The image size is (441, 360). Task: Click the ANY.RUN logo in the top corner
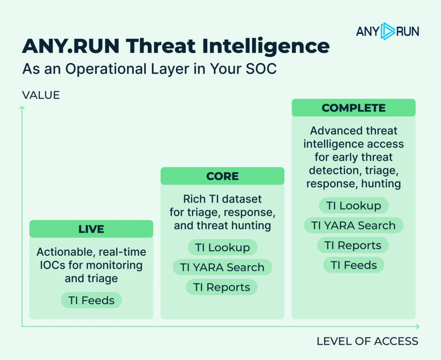(x=387, y=31)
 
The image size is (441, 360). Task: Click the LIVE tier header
(x=91, y=229)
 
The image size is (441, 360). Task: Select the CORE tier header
(x=222, y=176)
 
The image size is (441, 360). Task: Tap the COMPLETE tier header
(x=354, y=108)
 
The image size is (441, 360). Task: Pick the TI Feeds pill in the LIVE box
(x=92, y=300)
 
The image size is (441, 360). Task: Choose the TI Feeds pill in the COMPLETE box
(x=354, y=265)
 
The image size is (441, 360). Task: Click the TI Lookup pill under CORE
(x=222, y=247)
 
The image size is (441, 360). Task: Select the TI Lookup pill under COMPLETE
(x=354, y=205)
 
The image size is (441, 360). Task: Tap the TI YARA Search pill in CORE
(x=222, y=267)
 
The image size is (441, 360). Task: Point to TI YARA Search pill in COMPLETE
(x=354, y=225)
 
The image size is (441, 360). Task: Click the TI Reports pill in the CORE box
(x=222, y=287)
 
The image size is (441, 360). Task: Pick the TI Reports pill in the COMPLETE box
(x=353, y=245)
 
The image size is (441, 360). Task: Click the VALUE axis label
(x=41, y=95)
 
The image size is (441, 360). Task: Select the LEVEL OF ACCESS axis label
(x=367, y=341)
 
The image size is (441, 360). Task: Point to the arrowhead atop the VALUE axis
(x=22, y=108)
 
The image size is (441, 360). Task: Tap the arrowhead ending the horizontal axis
(x=418, y=326)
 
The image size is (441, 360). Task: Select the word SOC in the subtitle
(x=261, y=68)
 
